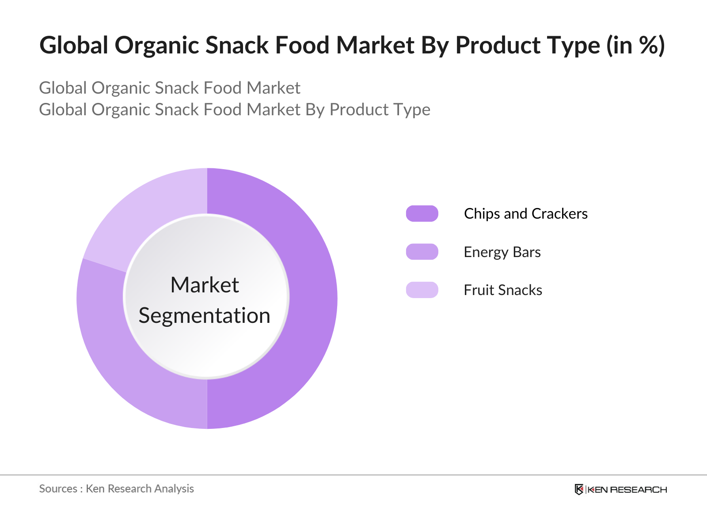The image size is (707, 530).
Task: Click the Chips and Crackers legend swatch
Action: coord(422,213)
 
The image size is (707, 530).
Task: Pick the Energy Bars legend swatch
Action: coord(422,252)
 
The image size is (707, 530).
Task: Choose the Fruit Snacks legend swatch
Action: coord(422,290)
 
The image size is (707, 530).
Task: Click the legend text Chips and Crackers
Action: coord(525,214)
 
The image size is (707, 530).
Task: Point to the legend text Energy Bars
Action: coord(502,252)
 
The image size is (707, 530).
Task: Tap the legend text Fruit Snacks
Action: coord(503,290)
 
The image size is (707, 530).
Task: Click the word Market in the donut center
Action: coord(205,285)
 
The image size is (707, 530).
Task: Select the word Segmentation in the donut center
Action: coord(205,316)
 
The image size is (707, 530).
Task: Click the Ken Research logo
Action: coord(620,489)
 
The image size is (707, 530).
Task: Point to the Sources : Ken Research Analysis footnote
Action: coord(117,488)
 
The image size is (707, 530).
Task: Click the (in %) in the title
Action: coord(635,45)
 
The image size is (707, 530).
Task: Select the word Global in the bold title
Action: coord(74,45)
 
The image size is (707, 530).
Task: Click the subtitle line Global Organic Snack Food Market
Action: coord(170,88)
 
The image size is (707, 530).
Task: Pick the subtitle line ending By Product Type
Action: coord(235,110)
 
